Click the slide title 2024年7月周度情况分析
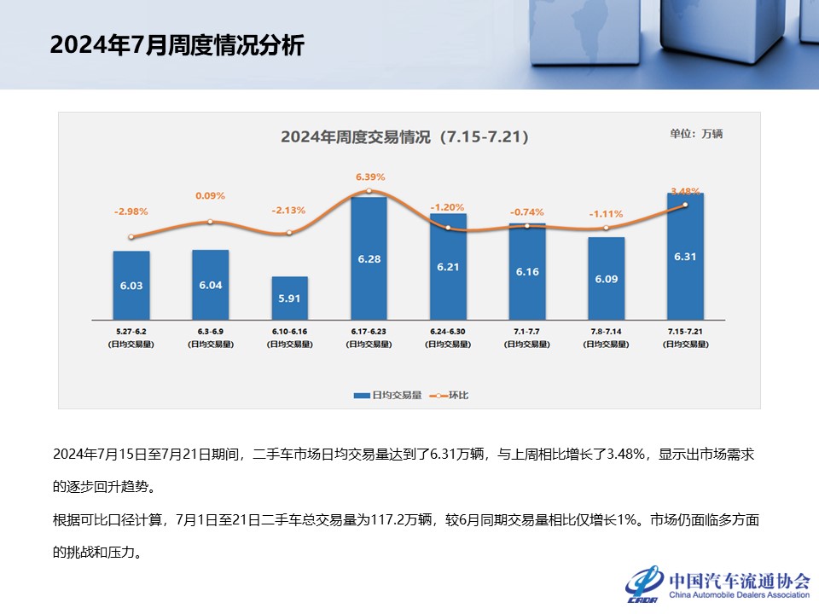pyautogui.click(x=177, y=45)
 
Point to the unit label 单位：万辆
pyautogui.click(x=695, y=134)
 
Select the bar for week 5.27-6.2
pyautogui.click(x=131, y=286)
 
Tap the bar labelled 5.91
pyautogui.click(x=289, y=298)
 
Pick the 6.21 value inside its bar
pyautogui.click(x=448, y=267)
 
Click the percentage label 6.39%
pyautogui.click(x=370, y=177)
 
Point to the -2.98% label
pyautogui.click(x=131, y=211)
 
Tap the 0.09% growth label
pyautogui.click(x=210, y=196)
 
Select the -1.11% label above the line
pyautogui.click(x=606, y=214)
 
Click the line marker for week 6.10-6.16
pyautogui.click(x=289, y=233)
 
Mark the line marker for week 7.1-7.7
pyautogui.click(x=527, y=226)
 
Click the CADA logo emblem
pyautogui.click(x=644, y=583)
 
